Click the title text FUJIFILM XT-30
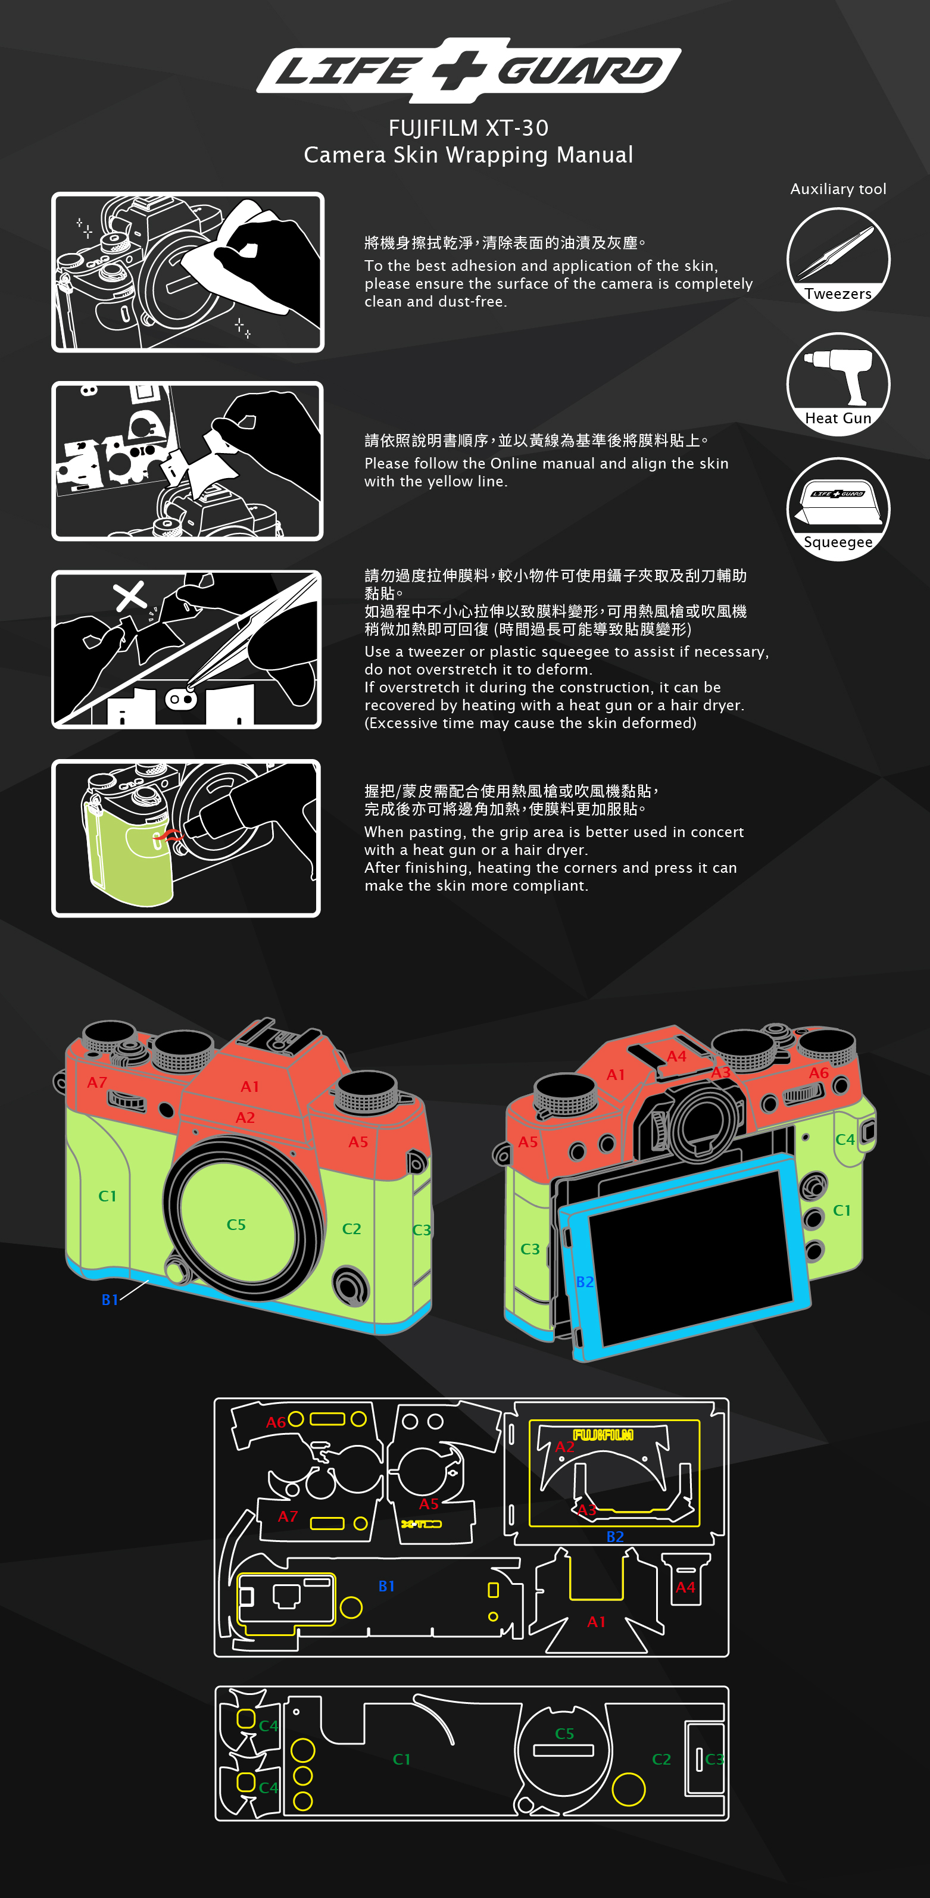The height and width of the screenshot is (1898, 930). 469,127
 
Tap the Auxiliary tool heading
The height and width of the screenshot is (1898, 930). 838,189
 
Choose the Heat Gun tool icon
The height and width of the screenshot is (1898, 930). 838,384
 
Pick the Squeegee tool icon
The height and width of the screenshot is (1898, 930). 838,509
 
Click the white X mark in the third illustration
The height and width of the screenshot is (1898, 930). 130,596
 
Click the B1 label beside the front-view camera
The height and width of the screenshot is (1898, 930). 110,1300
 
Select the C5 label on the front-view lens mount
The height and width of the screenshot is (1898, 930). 236,1225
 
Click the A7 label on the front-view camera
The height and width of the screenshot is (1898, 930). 97,1082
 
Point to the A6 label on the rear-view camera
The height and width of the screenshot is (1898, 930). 819,1073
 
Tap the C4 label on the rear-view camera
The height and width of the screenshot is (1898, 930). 844,1140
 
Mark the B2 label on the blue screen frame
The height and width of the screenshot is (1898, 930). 585,1282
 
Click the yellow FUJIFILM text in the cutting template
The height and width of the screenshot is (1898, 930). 603,1435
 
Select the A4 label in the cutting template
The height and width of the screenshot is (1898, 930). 685,1587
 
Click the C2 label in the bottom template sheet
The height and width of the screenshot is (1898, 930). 661,1759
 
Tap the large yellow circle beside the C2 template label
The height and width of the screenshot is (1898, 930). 629,1789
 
